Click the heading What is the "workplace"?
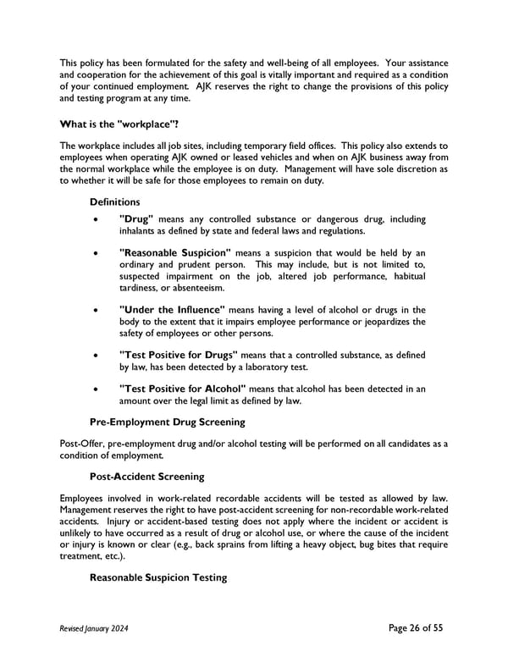click(x=119, y=124)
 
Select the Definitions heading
click(x=115, y=202)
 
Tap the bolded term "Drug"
click(x=136, y=219)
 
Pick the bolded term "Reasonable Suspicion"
click(x=175, y=252)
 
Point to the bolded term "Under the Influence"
click(x=173, y=309)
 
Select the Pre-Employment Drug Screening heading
click(x=168, y=422)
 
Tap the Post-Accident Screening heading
click(x=146, y=477)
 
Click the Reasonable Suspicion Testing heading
click(x=158, y=577)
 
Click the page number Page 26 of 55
click(x=415, y=627)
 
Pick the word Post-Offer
click(x=81, y=443)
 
